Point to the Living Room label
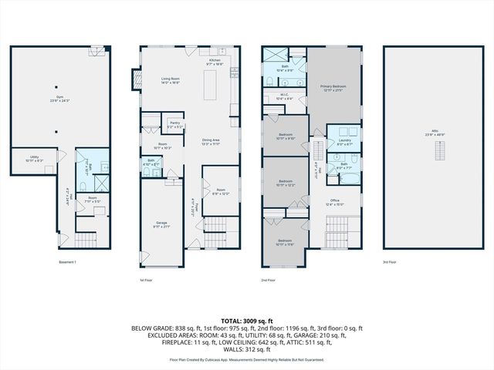171,79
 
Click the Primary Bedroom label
333,86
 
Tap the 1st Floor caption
146,279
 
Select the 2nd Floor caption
269,279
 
